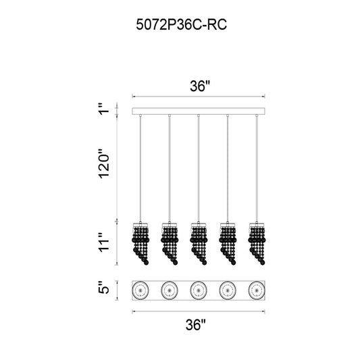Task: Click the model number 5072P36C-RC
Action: click(x=182, y=24)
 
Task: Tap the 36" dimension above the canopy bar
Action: click(x=200, y=86)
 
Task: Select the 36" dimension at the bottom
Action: click(x=196, y=325)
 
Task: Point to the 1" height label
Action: click(x=104, y=109)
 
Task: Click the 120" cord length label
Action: click(x=104, y=163)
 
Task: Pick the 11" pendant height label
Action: click(x=104, y=242)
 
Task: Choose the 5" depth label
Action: click(x=104, y=287)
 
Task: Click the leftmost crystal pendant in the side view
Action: click(x=140, y=243)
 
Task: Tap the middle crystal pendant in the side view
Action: click(x=199, y=243)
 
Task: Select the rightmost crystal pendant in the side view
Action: click(x=257, y=243)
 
